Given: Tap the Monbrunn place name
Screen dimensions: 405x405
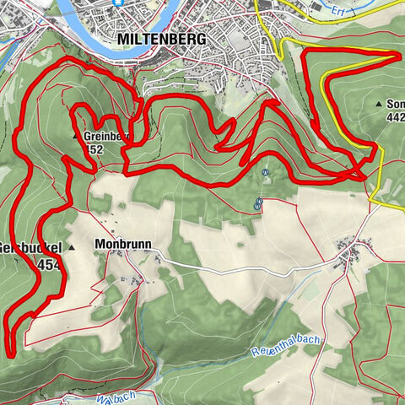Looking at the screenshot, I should (123, 244).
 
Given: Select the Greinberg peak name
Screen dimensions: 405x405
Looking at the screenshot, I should (107, 134).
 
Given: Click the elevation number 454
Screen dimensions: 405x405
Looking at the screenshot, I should (49, 265).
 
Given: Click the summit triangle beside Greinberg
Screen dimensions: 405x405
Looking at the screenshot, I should (76, 135).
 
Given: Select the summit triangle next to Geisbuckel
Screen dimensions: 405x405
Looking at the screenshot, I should (72, 247).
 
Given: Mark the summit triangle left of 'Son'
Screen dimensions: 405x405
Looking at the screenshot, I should (377, 104).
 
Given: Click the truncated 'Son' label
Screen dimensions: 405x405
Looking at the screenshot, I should (395, 104).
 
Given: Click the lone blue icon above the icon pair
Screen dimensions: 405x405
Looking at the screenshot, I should (264, 171).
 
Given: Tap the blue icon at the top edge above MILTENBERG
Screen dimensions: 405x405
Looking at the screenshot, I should (120, 3).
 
